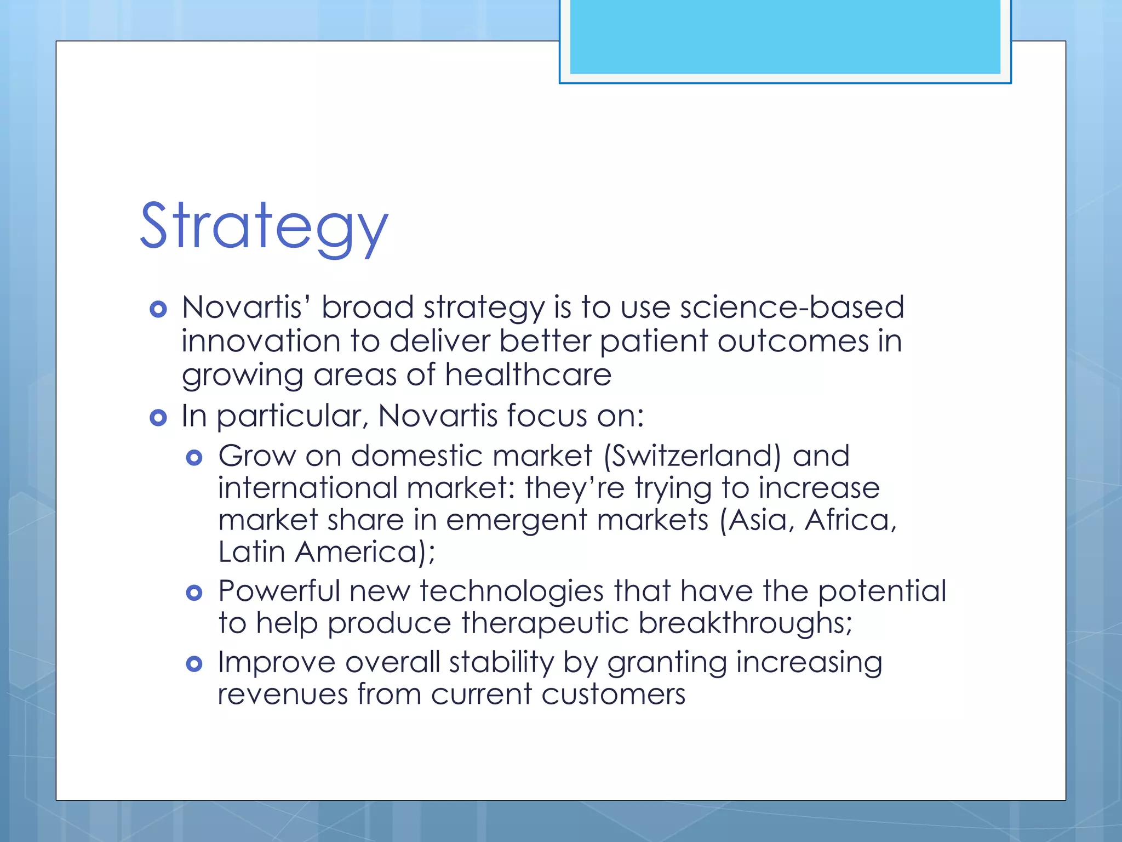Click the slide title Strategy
click(264, 226)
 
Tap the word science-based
click(792, 307)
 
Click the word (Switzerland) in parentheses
click(692, 456)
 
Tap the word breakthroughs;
click(745, 623)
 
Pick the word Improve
click(276, 662)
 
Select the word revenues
click(283, 695)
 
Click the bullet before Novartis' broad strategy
click(158, 309)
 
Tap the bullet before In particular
click(158, 418)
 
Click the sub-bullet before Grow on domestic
click(194, 457)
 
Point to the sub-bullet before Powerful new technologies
click(194, 593)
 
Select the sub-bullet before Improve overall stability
click(194, 664)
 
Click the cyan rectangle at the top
click(785, 36)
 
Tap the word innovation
click(261, 341)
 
